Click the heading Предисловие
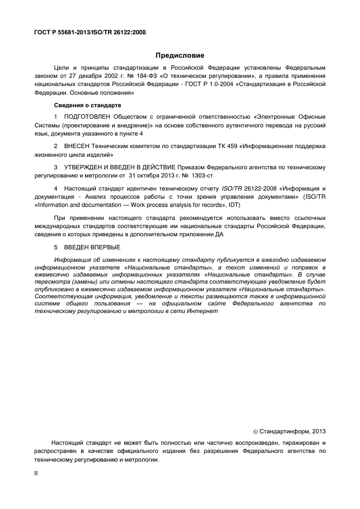(180, 56)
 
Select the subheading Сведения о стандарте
(88, 105)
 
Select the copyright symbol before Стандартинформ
(257, 432)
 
